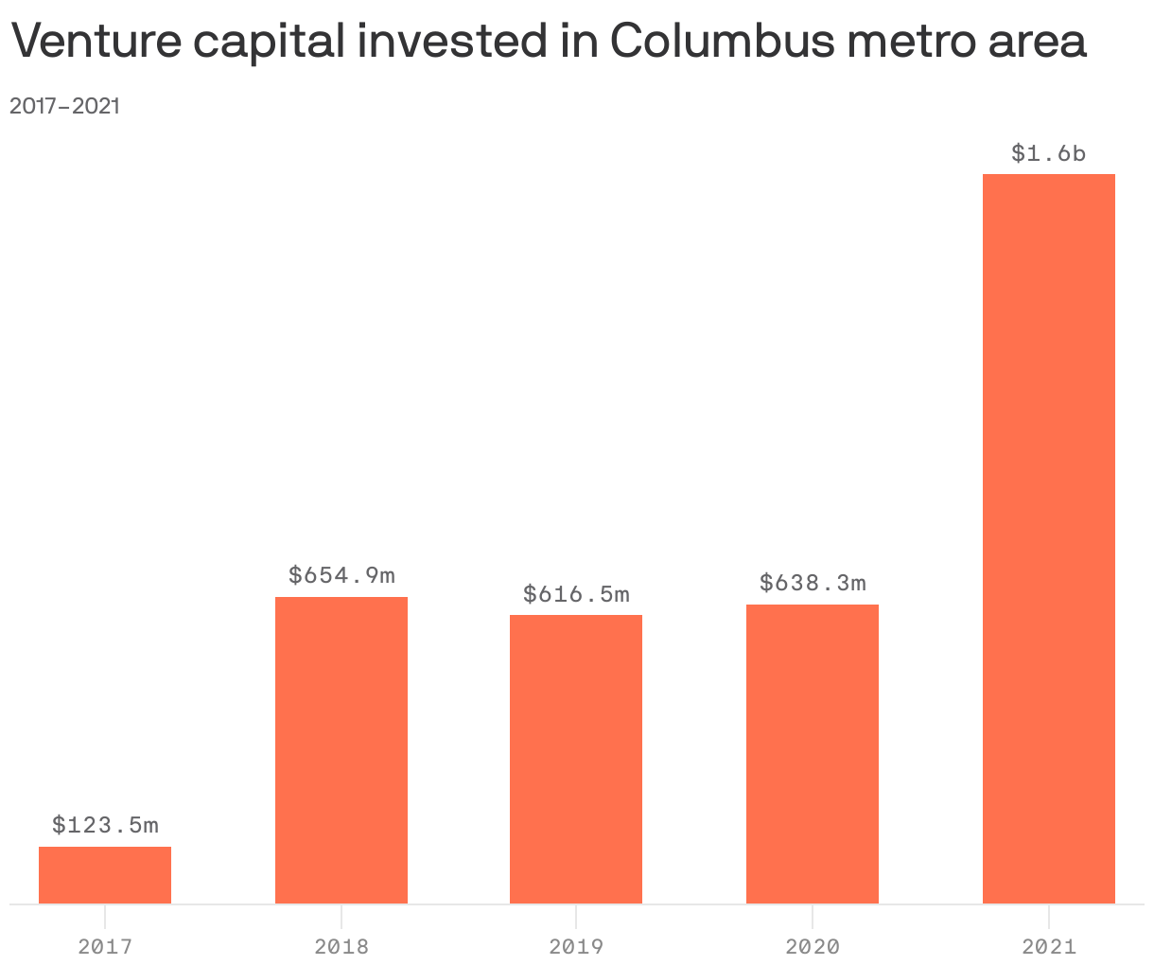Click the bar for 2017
tap(105, 875)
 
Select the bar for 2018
tap(341, 749)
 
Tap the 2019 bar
tap(576, 759)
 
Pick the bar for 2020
tap(813, 753)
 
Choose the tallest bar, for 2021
tap(1049, 538)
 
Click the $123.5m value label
tap(105, 825)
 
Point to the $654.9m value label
tap(341, 575)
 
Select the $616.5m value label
tap(576, 594)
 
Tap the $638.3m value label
tap(813, 583)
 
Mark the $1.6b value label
tap(1049, 153)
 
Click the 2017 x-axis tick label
tap(105, 946)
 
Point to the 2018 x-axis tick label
tap(341, 946)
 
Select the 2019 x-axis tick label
tap(576, 946)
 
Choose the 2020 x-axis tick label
tap(813, 946)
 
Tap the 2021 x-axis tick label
tap(1049, 946)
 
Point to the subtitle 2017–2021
tap(64, 106)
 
